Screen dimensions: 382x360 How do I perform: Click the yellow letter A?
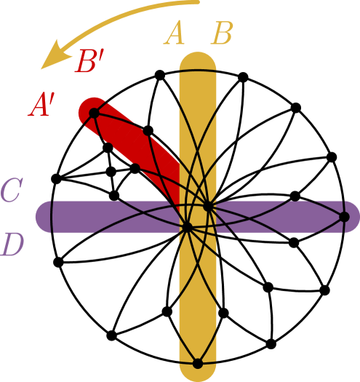(174, 34)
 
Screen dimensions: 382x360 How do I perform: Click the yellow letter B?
(222, 34)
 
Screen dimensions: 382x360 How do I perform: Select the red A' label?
(42, 107)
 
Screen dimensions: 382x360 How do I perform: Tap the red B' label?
(90, 63)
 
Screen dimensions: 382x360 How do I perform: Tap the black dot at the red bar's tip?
(94, 112)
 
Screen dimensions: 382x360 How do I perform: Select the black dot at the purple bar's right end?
(344, 217)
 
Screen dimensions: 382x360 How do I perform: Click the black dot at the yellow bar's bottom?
(197, 364)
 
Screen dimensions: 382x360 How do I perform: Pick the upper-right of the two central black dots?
(208, 207)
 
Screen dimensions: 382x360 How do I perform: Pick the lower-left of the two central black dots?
(187, 228)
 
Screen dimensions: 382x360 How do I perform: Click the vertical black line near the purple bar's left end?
(52, 217)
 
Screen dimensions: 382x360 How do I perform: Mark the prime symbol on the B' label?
(103, 55)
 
